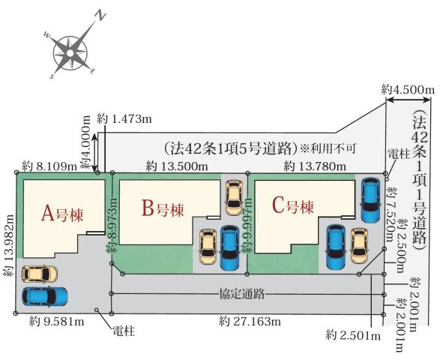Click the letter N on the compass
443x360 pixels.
tap(100, 15)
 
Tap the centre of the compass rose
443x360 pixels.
tap(70, 53)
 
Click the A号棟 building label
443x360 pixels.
tap(62, 214)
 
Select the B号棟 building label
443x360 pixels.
tap(163, 208)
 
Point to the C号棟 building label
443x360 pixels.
tap(292, 205)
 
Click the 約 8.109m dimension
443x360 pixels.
tap(49, 166)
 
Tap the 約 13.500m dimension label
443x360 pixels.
tap(177, 166)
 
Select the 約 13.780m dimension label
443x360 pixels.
tap(315, 166)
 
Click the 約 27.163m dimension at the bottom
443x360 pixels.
tap(250, 322)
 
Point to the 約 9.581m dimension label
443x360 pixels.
tap(56, 322)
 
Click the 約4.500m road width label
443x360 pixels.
tap(408, 90)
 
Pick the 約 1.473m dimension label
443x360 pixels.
tap(124, 119)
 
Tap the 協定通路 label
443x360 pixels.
tap(242, 294)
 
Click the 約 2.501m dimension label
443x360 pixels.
tap(353, 336)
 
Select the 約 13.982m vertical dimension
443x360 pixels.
tap(9, 245)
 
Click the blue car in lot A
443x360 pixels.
tap(45, 297)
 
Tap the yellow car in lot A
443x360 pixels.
tap(40, 274)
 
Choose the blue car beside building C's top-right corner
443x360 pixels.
tap(371, 200)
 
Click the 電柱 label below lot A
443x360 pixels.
tap(124, 331)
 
